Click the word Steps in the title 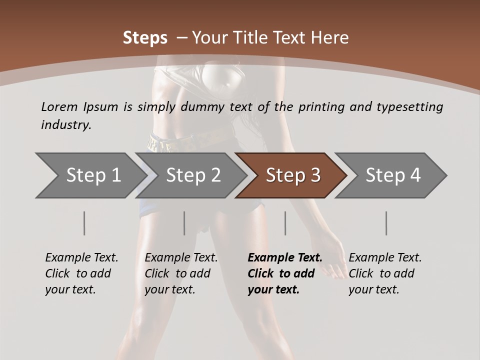pos(145,38)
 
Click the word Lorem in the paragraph pos(59,106)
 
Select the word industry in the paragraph pos(66,124)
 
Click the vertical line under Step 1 pos(84,223)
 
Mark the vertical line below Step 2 pos(184,223)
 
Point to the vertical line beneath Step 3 pos(285,223)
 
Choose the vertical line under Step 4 pos(386,223)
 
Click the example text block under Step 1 pos(81,273)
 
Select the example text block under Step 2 pos(181,273)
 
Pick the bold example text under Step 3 pos(285,273)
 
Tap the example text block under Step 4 pos(385,273)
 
